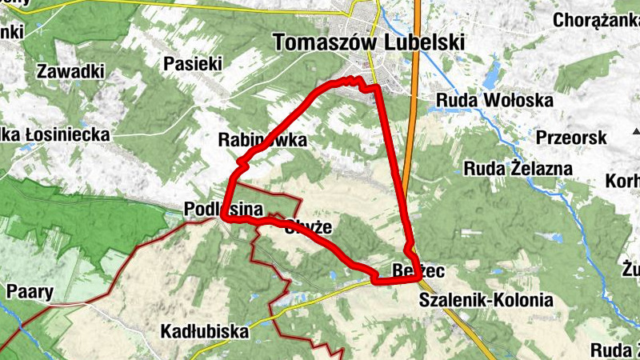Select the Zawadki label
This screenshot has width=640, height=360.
[x=70, y=71]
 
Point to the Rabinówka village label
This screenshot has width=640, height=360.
[x=262, y=140]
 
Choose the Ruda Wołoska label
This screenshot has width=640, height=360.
[x=495, y=101]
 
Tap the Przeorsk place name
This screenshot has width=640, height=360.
[x=571, y=138]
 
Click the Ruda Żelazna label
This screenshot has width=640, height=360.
[x=518, y=169]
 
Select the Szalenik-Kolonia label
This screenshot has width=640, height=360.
[x=486, y=301]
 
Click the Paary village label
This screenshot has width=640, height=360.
[x=29, y=291]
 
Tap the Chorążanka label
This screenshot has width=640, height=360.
[x=595, y=20]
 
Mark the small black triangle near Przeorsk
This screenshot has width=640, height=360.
[x=636, y=131]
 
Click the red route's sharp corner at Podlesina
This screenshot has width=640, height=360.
[x=225, y=218]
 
